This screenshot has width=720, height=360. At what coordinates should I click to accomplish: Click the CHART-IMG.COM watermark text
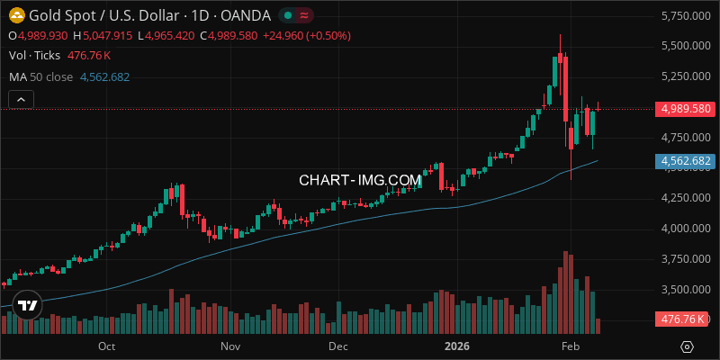click(360, 180)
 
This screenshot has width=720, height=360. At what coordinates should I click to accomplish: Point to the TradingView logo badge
click(28, 305)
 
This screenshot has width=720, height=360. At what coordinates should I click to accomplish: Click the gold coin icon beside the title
click(15, 15)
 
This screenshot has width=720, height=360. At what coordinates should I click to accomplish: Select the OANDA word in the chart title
click(244, 15)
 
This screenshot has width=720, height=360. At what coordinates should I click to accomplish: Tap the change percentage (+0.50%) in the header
click(328, 35)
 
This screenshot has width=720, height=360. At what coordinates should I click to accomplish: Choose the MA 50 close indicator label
click(40, 76)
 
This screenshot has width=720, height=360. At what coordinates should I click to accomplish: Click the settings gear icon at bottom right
click(687, 346)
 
